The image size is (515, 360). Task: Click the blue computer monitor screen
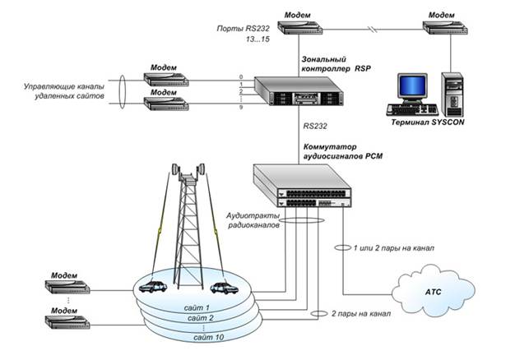412,85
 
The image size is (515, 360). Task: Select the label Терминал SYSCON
428,122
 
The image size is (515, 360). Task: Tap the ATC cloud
433,291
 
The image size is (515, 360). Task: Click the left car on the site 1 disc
153,287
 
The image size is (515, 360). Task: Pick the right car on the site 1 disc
225,288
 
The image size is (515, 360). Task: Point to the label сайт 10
209,337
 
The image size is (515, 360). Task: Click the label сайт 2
201,318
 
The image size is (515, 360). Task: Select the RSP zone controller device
299,91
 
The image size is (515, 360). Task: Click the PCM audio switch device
302,186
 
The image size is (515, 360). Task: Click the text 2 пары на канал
361,314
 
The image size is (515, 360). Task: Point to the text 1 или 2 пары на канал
394,248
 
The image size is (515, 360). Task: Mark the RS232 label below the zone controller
315,126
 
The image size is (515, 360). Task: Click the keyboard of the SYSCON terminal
412,110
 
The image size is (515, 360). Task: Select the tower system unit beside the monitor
452,95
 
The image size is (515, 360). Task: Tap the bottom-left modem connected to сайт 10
67,322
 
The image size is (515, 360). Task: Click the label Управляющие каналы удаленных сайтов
64,91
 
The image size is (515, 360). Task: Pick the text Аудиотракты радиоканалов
253,220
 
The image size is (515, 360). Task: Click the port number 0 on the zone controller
241,77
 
